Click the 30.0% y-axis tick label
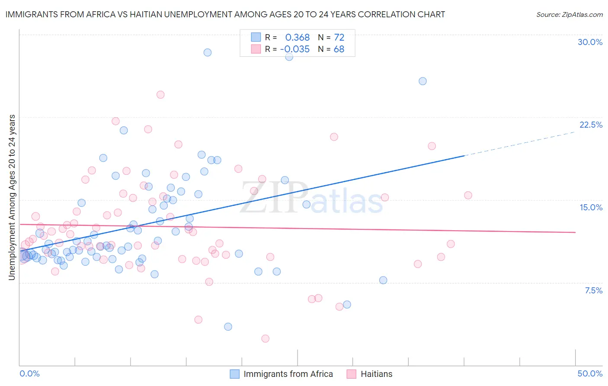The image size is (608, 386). (x=590, y=42)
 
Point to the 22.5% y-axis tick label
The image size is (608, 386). (x=591, y=125)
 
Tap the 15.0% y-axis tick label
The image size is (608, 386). (x=591, y=207)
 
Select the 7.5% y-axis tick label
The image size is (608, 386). (x=593, y=290)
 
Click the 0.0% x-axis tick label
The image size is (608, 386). (x=29, y=373)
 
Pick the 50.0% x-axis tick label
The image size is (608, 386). (x=590, y=373)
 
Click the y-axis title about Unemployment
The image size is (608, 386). (x=12, y=197)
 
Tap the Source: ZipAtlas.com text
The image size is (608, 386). (x=569, y=14)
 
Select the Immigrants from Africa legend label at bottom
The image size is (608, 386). (x=288, y=374)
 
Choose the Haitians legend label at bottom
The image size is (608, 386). (x=376, y=374)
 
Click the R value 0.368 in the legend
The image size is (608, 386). (x=298, y=38)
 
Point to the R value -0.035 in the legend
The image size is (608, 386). (x=295, y=49)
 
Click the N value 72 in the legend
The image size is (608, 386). (x=339, y=38)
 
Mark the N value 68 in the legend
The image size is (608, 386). (x=339, y=49)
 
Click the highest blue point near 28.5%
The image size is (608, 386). (x=208, y=52)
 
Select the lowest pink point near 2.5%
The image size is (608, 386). (x=266, y=338)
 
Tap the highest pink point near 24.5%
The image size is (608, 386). (x=160, y=95)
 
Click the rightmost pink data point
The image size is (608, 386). (x=468, y=195)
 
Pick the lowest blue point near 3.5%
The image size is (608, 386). (x=228, y=327)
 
